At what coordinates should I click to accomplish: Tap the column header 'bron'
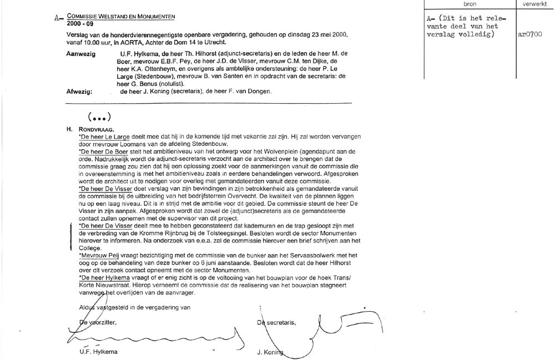(x=469, y=4)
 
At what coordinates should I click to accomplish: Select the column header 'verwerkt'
(x=534, y=4)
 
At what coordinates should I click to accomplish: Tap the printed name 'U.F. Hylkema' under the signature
(x=99, y=351)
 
